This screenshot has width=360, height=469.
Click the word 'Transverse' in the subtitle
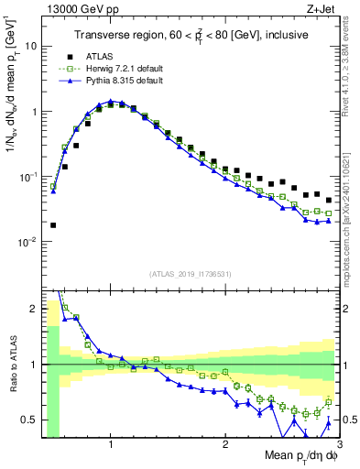(103, 36)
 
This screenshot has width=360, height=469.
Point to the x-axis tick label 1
(111, 443)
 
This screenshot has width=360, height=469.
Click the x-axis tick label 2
(225, 443)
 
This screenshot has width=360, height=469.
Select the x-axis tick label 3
(338, 443)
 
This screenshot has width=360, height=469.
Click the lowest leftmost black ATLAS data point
(53, 224)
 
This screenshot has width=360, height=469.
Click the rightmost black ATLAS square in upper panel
(329, 200)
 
